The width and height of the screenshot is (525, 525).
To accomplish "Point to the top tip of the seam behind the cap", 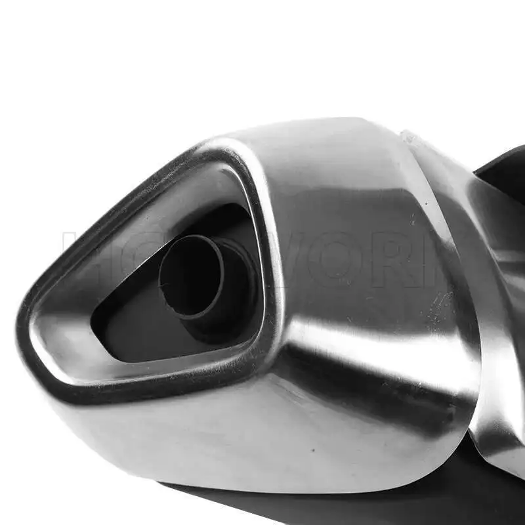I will click(407, 135).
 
